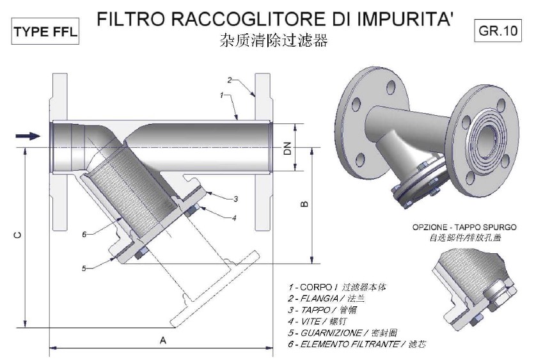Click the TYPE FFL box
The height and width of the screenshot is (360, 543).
pyautogui.click(x=45, y=33)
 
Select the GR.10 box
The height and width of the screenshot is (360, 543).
pyautogui.click(x=497, y=30)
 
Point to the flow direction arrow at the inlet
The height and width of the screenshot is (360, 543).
pyautogui.click(x=28, y=135)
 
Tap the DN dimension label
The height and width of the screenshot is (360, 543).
pyautogui.click(x=288, y=150)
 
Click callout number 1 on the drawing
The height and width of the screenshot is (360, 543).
pyautogui.click(x=221, y=95)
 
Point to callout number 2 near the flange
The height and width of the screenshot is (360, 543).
pyautogui.click(x=230, y=80)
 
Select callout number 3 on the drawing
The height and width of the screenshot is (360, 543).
pyautogui.click(x=235, y=198)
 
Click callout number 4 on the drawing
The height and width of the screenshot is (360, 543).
pyautogui.click(x=233, y=217)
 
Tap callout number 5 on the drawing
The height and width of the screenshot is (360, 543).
pyautogui.click(x=84, y=269)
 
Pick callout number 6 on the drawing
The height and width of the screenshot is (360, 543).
pyautogui.click(x=84, y=234)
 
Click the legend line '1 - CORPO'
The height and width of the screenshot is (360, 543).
pyautogui.click(x=337, y=287)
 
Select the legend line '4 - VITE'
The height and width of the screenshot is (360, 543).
pyautogui.click(x=326, y=321)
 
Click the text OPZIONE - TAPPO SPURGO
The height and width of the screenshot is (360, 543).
pyautogui.click(x=464, y=227)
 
